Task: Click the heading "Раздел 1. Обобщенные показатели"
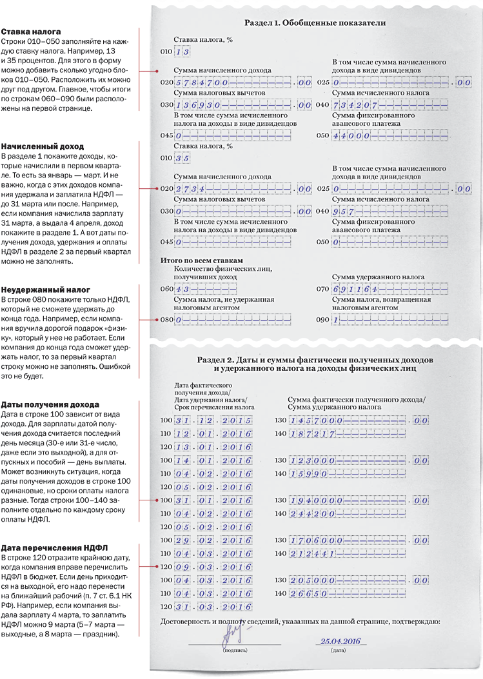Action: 315,23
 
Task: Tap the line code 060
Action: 166,288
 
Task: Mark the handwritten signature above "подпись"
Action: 232,638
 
